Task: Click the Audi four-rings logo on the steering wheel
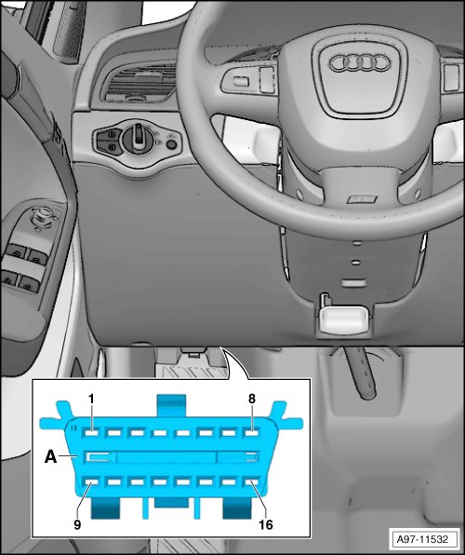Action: [x=360, y=63]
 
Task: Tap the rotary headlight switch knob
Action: [x=138, y=139]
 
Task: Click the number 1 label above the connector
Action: [x=91, y=399]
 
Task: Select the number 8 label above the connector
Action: [x=251, y=399]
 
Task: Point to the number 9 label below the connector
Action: [x=77, y=524]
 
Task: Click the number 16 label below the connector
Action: [x=266, y=524]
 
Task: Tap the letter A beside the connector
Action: [x=50, y=457]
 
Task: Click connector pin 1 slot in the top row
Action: [x=91, y=432]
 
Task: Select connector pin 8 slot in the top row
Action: [x=251, y=432]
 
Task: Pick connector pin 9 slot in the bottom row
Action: [x=91, y=482]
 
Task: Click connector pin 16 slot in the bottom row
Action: [x=251, y=482]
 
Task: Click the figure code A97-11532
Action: [x=422, y=539]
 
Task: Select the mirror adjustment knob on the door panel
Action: [x=44, y=217]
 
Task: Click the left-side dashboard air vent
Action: [x=139, y=83]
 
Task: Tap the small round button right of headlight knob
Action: [x=171, y=144]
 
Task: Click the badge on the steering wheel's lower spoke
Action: [x=362, y=199]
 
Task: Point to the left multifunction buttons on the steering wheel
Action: [x=248, y=80]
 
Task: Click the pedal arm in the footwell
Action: [x=364, y=372]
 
